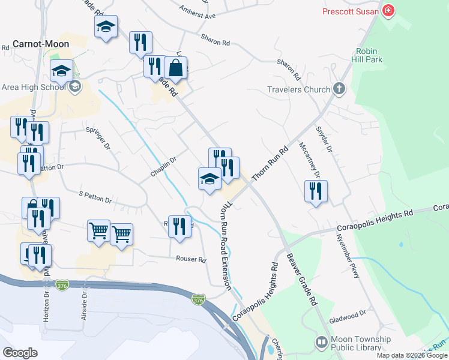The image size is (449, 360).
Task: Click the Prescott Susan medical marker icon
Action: pyautogui.click(x=388, y=11)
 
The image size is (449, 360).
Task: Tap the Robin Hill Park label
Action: pyautogui.click(x=369, y=55)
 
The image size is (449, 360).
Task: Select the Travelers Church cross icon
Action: pyautogui.click(x=339, y=90)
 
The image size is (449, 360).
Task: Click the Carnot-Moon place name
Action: pyautogui.click(x=41, y=44)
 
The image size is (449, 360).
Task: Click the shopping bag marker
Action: pyautogui.click(x=175, y=70)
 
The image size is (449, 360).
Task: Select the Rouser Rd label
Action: pyautogui.click(x=191, y=260)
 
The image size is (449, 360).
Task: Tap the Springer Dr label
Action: pyautogui.click(x=98, y=138)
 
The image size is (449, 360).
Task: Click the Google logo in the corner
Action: pyautogui.click(x=20, y=352)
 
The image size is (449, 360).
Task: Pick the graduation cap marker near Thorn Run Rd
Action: pyautogui.click(x=209, y=179)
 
